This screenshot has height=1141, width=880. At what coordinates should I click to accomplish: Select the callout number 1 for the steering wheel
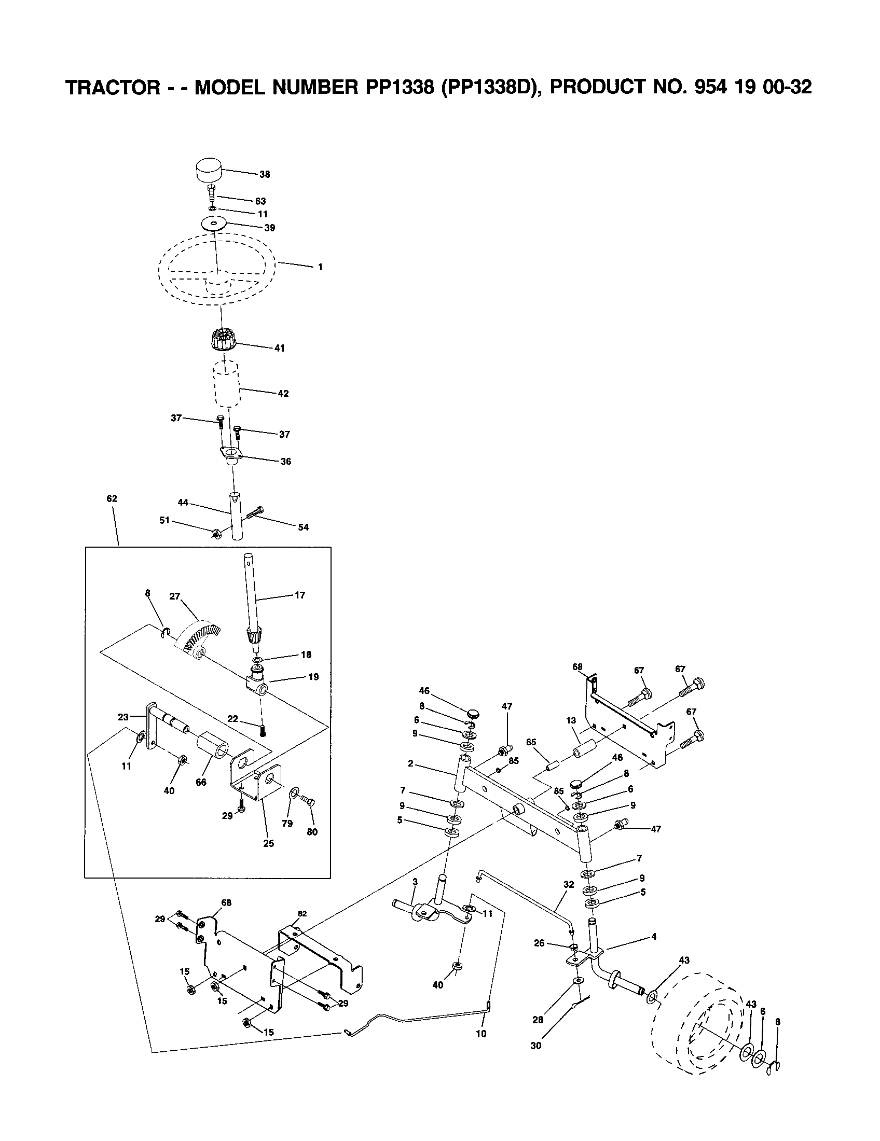point(320,267)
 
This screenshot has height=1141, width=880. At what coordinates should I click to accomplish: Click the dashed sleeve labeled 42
point(226,386)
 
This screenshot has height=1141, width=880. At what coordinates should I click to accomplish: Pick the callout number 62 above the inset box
point(112,498)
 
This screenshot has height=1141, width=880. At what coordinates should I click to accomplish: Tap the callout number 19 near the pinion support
point(313,676)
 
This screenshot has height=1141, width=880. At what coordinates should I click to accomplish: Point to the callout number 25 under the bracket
point(269,843)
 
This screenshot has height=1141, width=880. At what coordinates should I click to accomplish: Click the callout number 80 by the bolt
point(312,832)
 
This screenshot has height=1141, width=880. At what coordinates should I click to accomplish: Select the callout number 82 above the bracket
point(302,914)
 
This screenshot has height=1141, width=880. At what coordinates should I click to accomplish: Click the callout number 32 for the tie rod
point(569,884)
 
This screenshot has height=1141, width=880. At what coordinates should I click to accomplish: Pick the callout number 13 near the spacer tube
point(571,720)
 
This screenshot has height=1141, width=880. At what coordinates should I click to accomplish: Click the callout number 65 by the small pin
point(531,742)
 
